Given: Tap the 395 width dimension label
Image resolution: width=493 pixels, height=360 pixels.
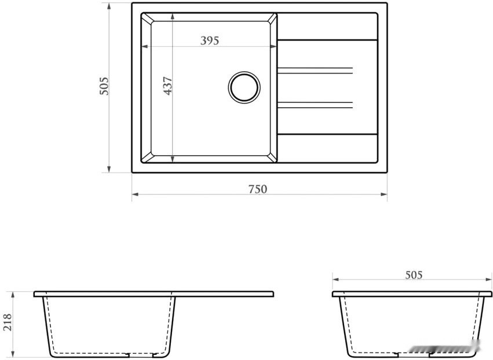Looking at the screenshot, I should [x=209, y=41].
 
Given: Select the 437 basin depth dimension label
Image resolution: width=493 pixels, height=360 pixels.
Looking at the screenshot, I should [x=168, y=86].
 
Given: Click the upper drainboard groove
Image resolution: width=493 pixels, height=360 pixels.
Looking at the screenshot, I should [x=315, y=71].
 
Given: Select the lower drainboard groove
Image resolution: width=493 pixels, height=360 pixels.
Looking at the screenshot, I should [x=315, y=105].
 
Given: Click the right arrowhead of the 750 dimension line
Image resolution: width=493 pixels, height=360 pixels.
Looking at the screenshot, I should [x=385, y=194].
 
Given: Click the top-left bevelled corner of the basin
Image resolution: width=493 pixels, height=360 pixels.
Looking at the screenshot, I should [x=147, y=19].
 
